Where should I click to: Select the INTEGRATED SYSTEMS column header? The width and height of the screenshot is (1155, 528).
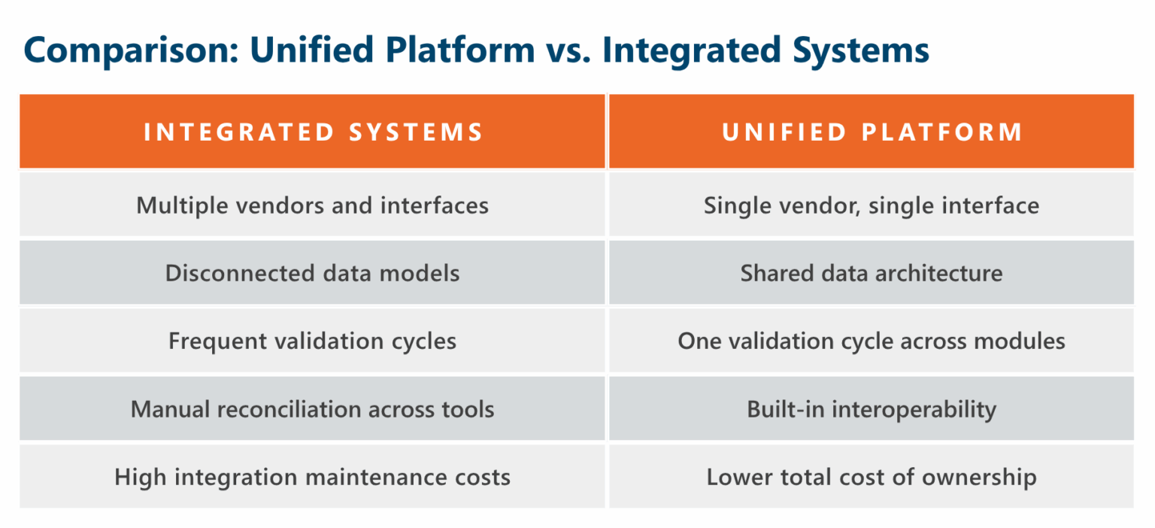click(313, 132)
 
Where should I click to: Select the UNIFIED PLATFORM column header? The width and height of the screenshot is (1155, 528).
click(872, 132)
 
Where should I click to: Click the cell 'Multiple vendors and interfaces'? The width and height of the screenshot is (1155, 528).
click(313, 205)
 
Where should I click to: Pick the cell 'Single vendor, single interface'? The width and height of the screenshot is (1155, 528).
click(872, 205)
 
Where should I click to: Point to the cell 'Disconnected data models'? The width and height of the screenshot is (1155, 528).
click(313, 273)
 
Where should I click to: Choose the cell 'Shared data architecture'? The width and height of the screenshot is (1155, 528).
click(872, 273)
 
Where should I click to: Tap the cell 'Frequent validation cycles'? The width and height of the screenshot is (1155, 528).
click(313, 341)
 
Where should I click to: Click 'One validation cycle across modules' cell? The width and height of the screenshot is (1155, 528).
click(872, 341)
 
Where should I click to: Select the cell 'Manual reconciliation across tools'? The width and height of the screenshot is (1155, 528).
click(313, 409)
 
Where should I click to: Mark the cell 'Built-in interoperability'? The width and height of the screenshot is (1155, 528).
click(872, 409)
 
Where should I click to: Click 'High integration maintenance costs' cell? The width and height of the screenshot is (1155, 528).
click(313, 477)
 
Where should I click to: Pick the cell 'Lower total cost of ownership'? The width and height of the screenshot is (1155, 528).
click(872, 477)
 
